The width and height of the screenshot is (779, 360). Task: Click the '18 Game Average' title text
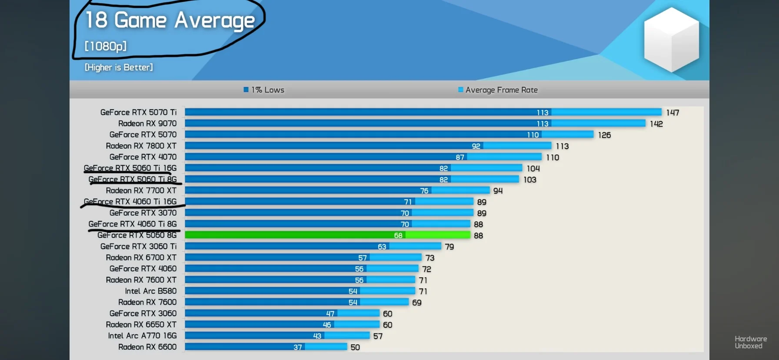(170, 20)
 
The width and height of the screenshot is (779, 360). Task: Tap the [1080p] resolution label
(106, 46)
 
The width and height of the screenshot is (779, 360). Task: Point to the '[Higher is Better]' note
(119, 67)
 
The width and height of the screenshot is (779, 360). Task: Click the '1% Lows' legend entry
(264, 90)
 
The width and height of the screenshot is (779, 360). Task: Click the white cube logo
(671, 40)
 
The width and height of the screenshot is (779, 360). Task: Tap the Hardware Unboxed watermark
(750, 342)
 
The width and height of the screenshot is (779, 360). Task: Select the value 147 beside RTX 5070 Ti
(672, 113)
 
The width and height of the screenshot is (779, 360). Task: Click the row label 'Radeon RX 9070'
(147, 123)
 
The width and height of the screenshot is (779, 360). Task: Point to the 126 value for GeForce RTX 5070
(604, 135)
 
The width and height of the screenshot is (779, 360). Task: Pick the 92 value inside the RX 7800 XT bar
(476, 146)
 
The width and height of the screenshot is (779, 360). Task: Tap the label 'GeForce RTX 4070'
(143, 157)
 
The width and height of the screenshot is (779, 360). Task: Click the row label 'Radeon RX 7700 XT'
(141, 190)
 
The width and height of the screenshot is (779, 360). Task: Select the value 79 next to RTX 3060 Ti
(449, 247)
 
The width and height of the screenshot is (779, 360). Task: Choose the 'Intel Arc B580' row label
(151, 291)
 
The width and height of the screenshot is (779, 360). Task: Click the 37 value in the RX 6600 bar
(297, 347)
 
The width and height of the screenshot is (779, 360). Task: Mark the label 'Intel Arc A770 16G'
(143, 336)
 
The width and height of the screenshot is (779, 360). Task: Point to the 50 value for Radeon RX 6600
(355, 347)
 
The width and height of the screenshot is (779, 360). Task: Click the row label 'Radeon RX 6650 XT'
(141, 325)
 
